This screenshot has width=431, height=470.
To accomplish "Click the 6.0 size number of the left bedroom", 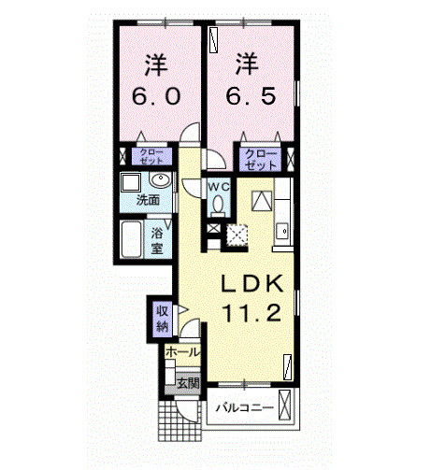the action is (156, 96).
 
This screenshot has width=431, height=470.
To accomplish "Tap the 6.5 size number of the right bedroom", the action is (251, 96).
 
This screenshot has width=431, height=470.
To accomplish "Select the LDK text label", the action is (252, 283).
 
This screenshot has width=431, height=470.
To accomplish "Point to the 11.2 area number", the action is (252, 313).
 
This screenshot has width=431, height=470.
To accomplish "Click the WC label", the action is (219, 188).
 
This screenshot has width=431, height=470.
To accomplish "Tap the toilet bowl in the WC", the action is (218, 204).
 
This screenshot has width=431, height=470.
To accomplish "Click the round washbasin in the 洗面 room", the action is (160, 179).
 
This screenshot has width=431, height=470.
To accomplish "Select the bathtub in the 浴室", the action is (132, 239).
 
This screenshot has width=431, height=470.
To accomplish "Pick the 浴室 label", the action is (157, 241).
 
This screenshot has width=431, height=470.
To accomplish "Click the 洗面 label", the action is (149, 200).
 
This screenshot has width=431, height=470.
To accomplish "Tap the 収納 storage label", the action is (163, 319).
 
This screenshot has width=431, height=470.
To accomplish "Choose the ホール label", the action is (182, 352).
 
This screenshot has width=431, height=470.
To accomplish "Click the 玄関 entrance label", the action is (188, 383).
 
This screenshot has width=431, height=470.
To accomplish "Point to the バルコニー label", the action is (245, 407).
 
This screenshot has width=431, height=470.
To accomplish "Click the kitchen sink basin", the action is (283, 232).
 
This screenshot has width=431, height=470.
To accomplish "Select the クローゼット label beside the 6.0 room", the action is (151, 157).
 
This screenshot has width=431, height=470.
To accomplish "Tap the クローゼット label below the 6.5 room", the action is (261, 160).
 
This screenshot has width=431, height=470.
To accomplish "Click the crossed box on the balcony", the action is (284, 405).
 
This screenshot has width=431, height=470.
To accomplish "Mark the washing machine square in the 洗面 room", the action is (131, 183).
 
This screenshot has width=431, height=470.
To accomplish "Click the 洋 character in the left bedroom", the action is (156, 64).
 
